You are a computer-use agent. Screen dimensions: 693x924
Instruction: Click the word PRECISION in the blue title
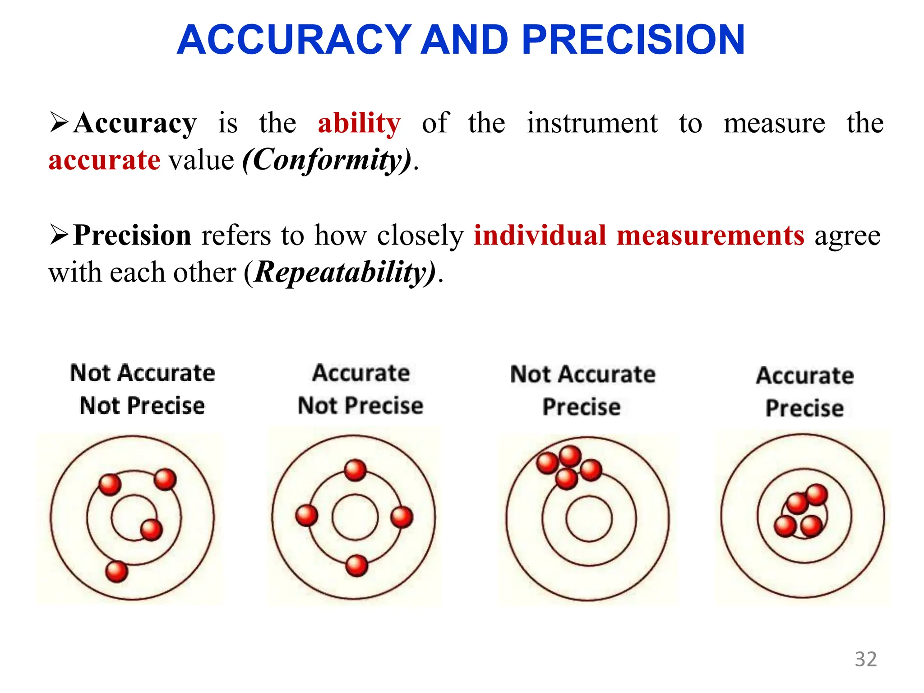point(633,40)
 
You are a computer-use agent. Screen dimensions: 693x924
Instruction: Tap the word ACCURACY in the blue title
point(294,40)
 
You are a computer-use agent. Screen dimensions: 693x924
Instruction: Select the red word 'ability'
point(359,123)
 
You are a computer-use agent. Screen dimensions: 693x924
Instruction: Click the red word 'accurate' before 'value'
point(104,160)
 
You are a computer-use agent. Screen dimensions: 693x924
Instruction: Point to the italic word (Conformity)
point(328,160)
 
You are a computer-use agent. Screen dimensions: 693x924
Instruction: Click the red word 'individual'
point(540,235)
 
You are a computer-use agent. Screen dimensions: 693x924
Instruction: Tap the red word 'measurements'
point(710,235)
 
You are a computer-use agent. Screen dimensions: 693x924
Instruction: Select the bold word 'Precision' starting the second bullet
point(132,235)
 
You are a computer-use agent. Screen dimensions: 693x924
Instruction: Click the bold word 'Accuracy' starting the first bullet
point(135,123)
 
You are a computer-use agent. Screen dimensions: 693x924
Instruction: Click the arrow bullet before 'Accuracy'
point(59,123)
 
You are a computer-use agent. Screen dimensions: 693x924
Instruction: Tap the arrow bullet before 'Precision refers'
point(59,235)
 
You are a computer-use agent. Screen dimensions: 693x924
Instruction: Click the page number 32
point(865,659)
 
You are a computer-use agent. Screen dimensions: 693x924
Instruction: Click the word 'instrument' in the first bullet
point(592,123)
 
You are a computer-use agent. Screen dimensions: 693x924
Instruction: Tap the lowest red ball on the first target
point(116,572)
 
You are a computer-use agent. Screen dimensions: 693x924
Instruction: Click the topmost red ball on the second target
point(355,470)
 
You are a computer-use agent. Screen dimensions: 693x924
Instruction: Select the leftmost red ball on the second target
point(307,516)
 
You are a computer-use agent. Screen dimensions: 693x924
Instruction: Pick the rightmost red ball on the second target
point(402,517)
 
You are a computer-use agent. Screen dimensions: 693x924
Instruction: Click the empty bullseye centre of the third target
point(589,518)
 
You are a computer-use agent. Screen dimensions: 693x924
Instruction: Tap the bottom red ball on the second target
point(357,565)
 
